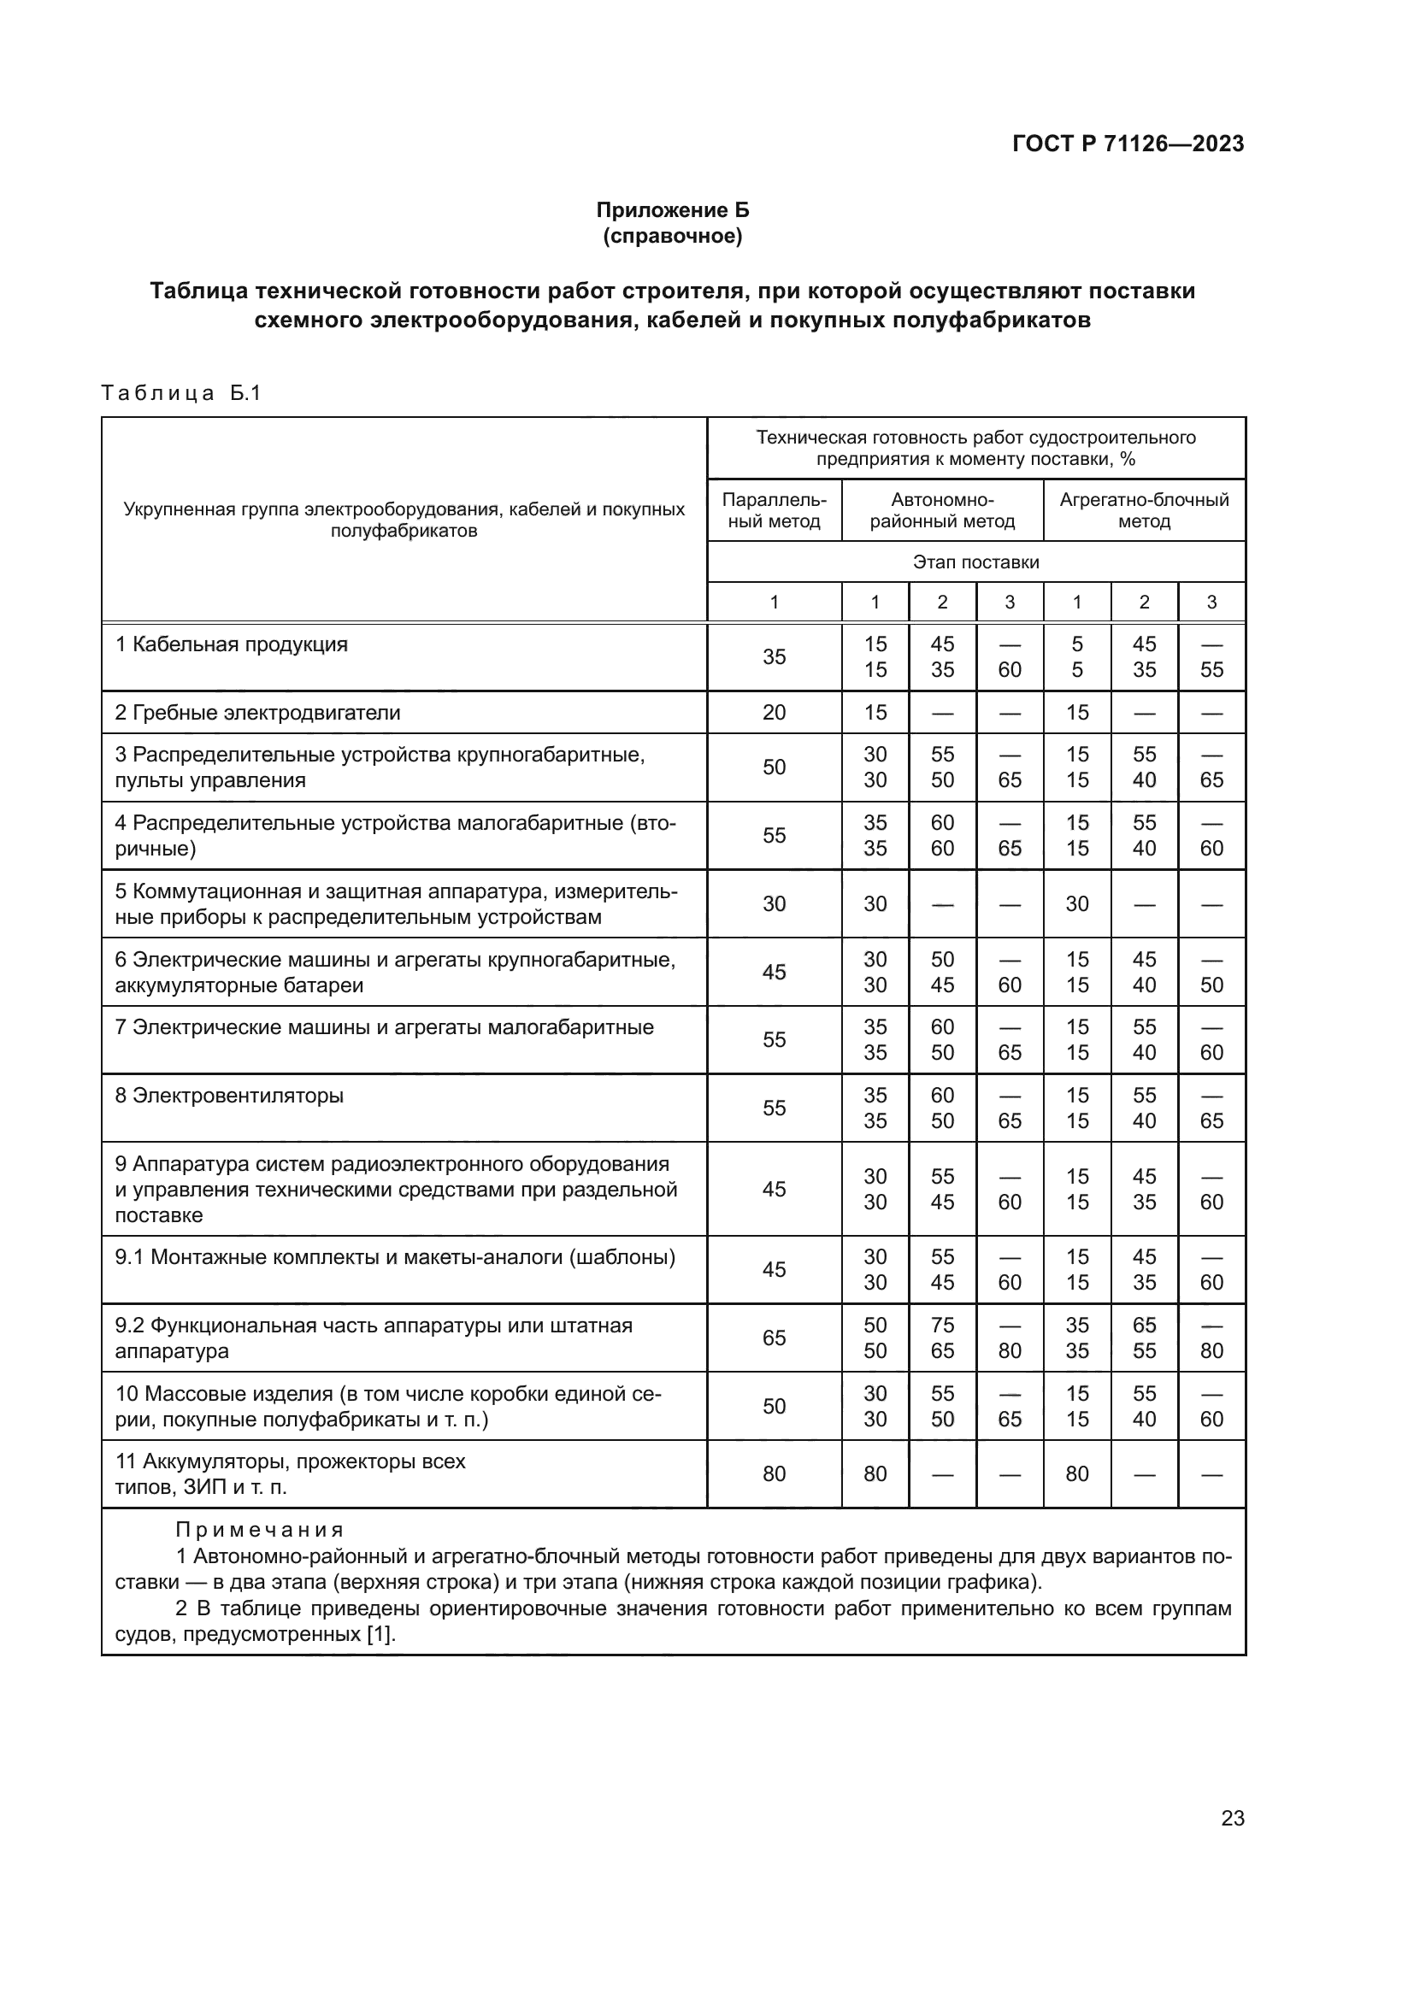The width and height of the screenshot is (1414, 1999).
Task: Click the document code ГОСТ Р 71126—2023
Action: click(1128, 144)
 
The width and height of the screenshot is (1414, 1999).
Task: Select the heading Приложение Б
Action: click(672, 210)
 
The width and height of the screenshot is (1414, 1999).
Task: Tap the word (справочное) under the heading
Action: click(672, 236)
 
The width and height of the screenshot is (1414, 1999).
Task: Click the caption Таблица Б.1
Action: click(181, 393)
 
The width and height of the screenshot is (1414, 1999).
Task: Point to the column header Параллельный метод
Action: click(773, 510)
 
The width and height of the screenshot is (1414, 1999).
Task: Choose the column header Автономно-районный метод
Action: click(942, 510)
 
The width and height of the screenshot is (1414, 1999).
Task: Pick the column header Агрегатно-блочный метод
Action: click(1144, 510)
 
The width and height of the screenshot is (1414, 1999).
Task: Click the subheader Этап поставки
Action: click(975, 562)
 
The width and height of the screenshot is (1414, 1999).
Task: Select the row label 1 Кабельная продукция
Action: click(232, 645)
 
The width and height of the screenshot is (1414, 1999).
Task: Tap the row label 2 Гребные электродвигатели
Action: click(257, 713)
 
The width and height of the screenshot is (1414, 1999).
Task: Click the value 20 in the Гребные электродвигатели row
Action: click(773, 713)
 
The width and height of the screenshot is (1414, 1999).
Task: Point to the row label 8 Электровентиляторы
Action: click(230, 1096)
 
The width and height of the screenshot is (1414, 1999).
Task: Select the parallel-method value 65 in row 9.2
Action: click(773, 1338)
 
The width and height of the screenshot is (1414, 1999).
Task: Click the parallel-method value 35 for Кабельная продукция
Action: click(773, 657)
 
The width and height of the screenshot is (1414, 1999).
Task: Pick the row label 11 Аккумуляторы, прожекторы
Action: click(290, 1461)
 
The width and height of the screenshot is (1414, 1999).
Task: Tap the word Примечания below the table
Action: click(260, 1530)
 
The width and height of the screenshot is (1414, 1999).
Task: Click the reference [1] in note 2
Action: click(379, 1634)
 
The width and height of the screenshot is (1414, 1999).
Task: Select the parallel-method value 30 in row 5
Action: click(773, 904)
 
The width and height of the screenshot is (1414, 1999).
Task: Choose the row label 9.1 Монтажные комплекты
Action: click(395, 1258)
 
